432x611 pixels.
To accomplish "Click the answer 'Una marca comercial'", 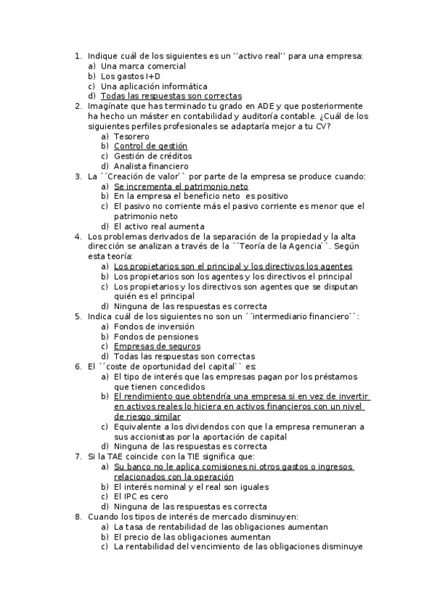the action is coord(143,66).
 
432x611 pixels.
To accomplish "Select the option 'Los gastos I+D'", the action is coord(131,76).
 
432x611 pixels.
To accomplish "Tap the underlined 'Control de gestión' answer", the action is coord(150,146).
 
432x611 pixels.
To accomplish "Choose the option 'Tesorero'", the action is coord(131,135).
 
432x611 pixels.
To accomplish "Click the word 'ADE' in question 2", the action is coord(265,106).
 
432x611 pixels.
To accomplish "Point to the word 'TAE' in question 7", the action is coord(117,457).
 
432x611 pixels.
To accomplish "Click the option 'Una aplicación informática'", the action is coord(154,86).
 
